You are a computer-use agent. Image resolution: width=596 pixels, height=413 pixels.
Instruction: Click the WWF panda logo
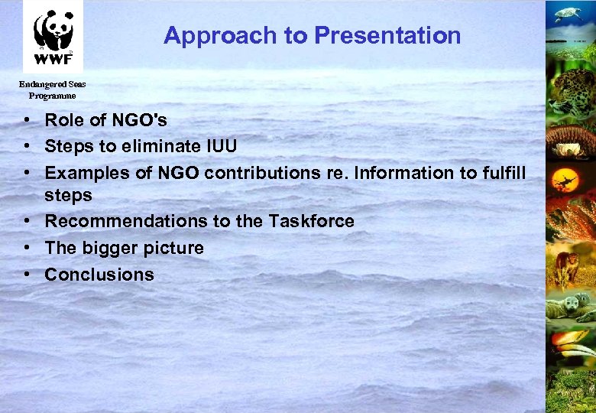click(53, 35)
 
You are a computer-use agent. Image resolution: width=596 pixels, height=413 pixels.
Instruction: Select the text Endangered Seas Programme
click(53, 89)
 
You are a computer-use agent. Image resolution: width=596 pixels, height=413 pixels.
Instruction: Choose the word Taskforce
click(311, 221)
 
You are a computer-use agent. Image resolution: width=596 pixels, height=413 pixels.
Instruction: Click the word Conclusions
click(99, 275)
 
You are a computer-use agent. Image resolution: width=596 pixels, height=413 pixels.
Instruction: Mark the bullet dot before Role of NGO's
click(27, 121)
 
